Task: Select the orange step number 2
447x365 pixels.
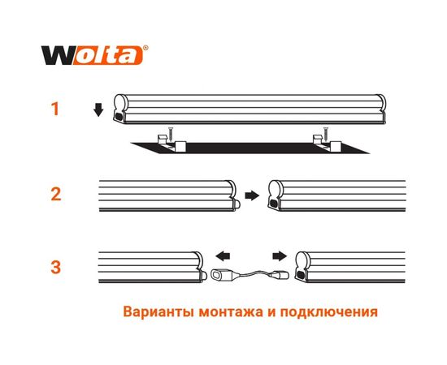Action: point(55,195)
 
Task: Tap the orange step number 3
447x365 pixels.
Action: point(55,266)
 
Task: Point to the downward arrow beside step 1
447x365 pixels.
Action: point(98,110)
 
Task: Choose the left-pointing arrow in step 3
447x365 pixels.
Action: point(220,252)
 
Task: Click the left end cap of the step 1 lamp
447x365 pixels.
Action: point(119,110)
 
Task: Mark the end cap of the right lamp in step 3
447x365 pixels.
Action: point(302,268)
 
